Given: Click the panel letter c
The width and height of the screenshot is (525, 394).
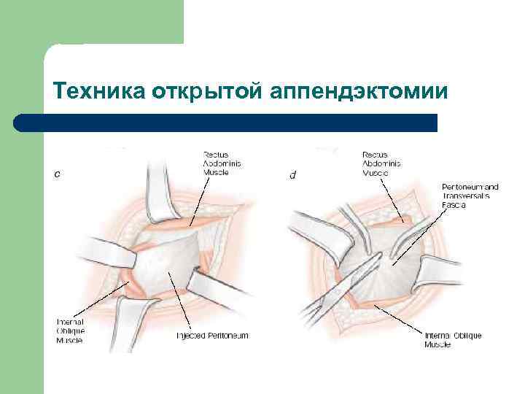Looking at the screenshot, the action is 58,174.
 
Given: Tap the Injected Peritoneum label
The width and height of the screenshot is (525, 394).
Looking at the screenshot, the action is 212,335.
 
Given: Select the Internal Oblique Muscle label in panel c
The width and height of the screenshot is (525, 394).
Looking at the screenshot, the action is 70,331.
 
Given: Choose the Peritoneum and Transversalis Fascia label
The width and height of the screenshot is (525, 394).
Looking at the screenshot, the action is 466,196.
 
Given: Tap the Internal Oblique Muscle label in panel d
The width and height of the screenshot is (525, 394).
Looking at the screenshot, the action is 452,339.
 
